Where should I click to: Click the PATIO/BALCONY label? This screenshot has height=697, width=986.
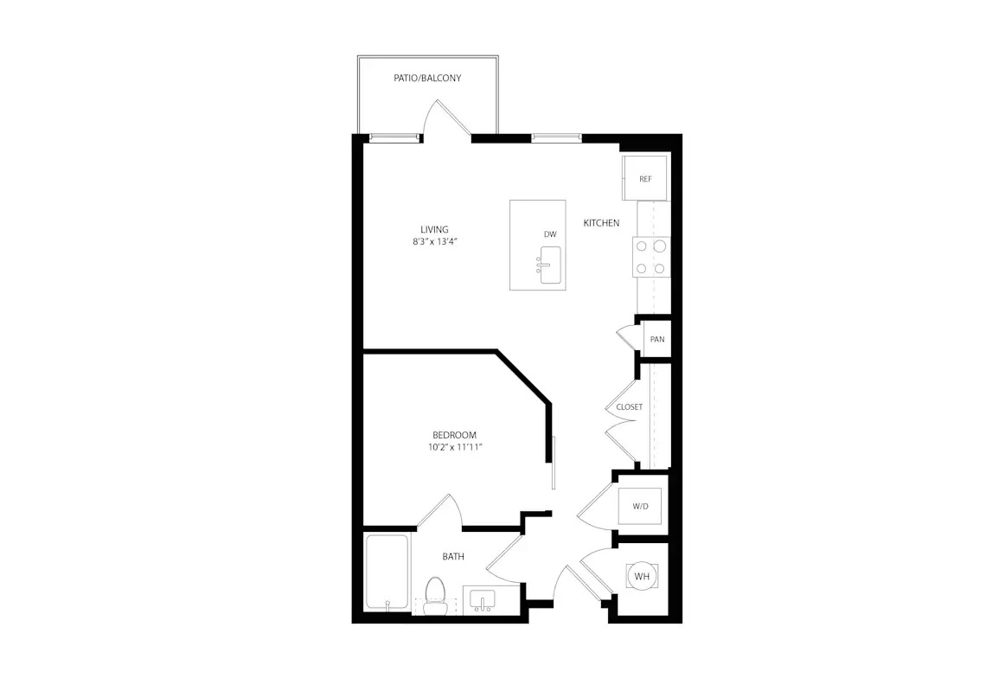[427, 78]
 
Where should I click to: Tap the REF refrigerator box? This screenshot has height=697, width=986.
[644, 178]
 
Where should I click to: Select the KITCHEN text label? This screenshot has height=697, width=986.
[601, 223]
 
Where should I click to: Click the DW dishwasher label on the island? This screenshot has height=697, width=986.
[550, 234]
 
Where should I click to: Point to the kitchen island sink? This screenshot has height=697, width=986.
[549, 265]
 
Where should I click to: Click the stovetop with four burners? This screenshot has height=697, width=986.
[650, 257]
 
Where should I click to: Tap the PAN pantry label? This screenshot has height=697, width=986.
[657, 339]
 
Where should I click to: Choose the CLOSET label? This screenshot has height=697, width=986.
[630, 407]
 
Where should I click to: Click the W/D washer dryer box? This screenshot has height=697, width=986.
[640, 506]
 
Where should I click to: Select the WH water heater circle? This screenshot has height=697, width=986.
[642, 576]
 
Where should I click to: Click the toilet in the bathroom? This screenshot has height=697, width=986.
[434, 596]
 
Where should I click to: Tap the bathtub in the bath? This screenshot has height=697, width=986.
[387, 572]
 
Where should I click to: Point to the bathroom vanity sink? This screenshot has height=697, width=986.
[483, 600]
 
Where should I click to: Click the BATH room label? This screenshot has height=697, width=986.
[453, 557]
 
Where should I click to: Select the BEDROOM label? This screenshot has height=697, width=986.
[454, 435]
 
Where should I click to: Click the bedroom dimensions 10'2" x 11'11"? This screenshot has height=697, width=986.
[455, 447]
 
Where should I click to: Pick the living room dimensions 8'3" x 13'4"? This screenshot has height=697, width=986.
[434, 241]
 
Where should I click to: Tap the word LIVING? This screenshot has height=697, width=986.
[434, 229]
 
